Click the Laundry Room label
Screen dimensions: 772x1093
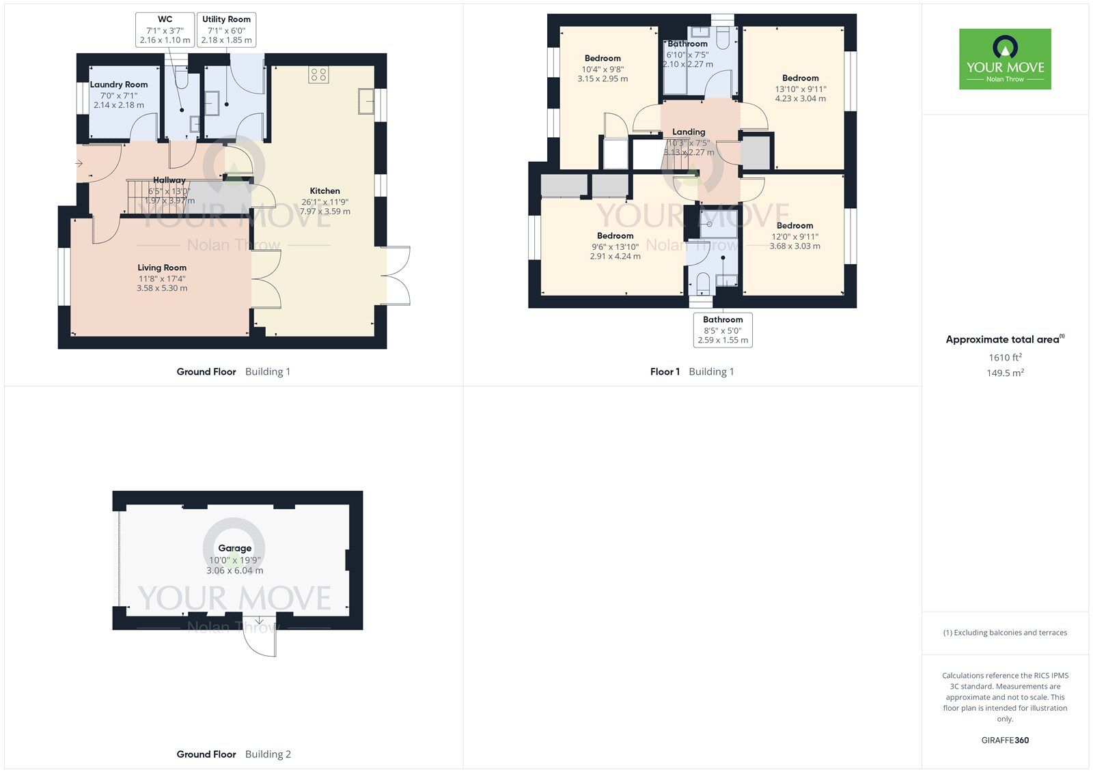tap(119, 85)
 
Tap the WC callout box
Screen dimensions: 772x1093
tap(165, 29)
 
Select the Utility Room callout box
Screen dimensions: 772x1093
tap(226, 29)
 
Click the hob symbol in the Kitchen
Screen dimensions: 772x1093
tap(318, 74)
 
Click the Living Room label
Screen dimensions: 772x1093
tap(162, 268)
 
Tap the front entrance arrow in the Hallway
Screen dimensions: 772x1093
tap(79, 164)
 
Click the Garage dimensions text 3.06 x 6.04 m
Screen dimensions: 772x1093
tap(234, 571)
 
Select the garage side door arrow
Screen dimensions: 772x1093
tap(259, 621)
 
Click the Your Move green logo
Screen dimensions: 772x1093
tap(1005, 59)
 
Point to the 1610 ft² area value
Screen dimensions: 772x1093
tap(1005, 357)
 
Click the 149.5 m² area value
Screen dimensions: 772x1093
tap(1005, 373)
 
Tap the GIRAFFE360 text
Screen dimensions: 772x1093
tap(1005, 740)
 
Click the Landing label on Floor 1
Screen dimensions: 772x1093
tap(689, 132)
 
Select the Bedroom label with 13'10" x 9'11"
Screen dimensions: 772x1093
tap(800, 78)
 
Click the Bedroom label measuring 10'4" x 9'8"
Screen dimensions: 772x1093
tap(603, 58)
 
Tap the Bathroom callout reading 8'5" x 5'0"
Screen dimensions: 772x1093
tap(723, 330)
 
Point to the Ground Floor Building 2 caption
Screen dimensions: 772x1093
tap(234, 754)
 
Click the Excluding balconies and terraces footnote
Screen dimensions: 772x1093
tap(1005, 633)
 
